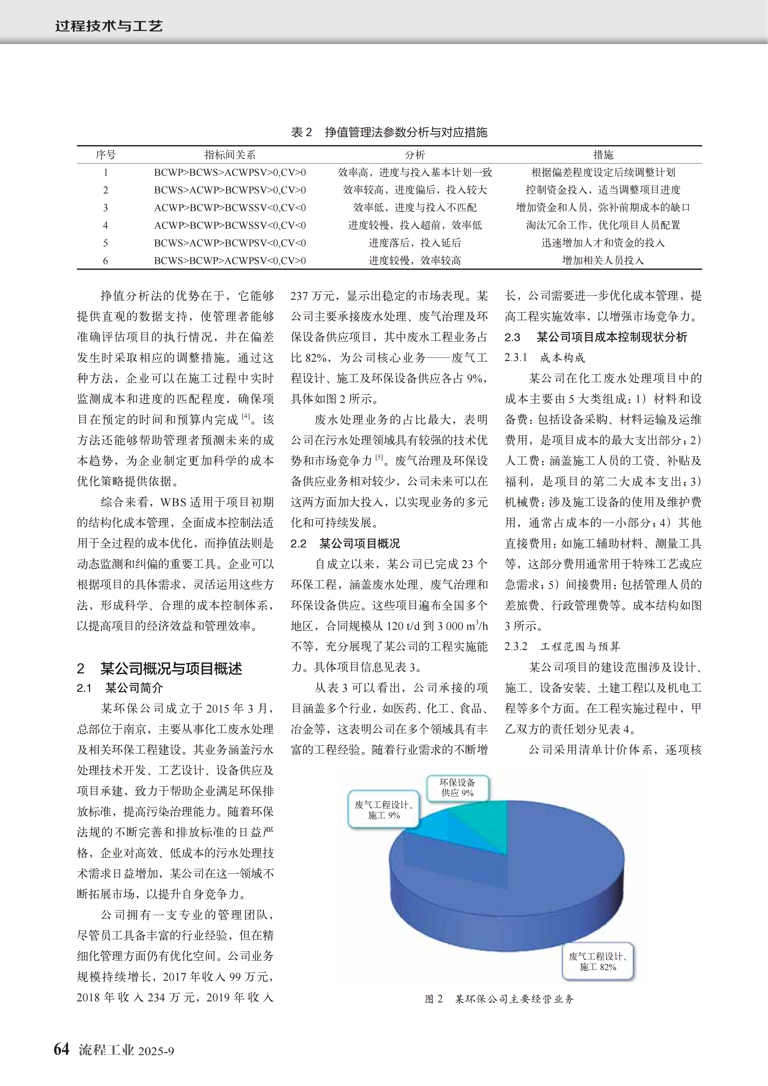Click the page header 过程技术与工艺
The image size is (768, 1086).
click(109, 26)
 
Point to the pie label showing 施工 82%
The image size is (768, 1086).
click(598, 962)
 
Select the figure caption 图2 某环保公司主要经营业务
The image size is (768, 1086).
click(499, 999)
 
